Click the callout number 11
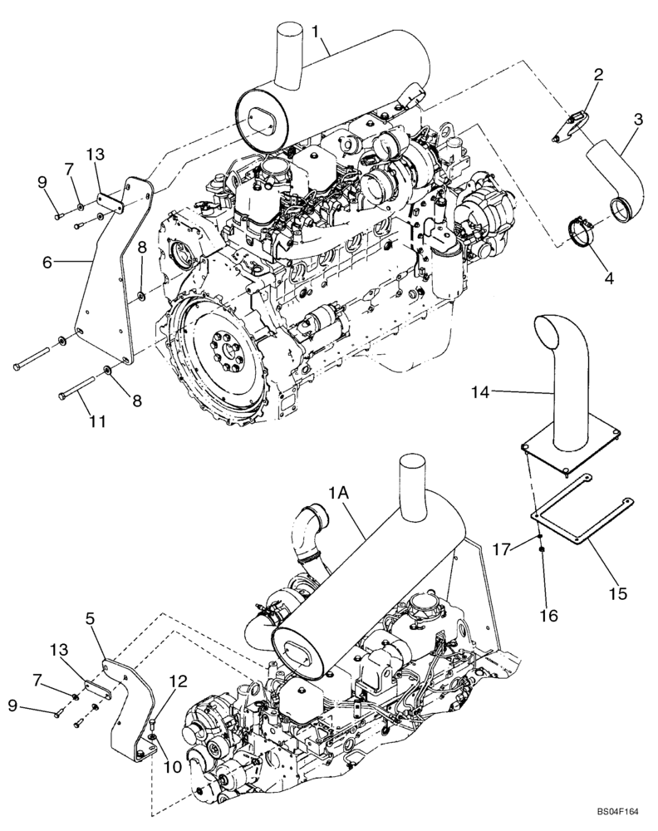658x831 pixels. pos(97,422)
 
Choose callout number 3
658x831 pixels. pos(637,120)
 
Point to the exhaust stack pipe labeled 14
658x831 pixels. pos(563,374)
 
